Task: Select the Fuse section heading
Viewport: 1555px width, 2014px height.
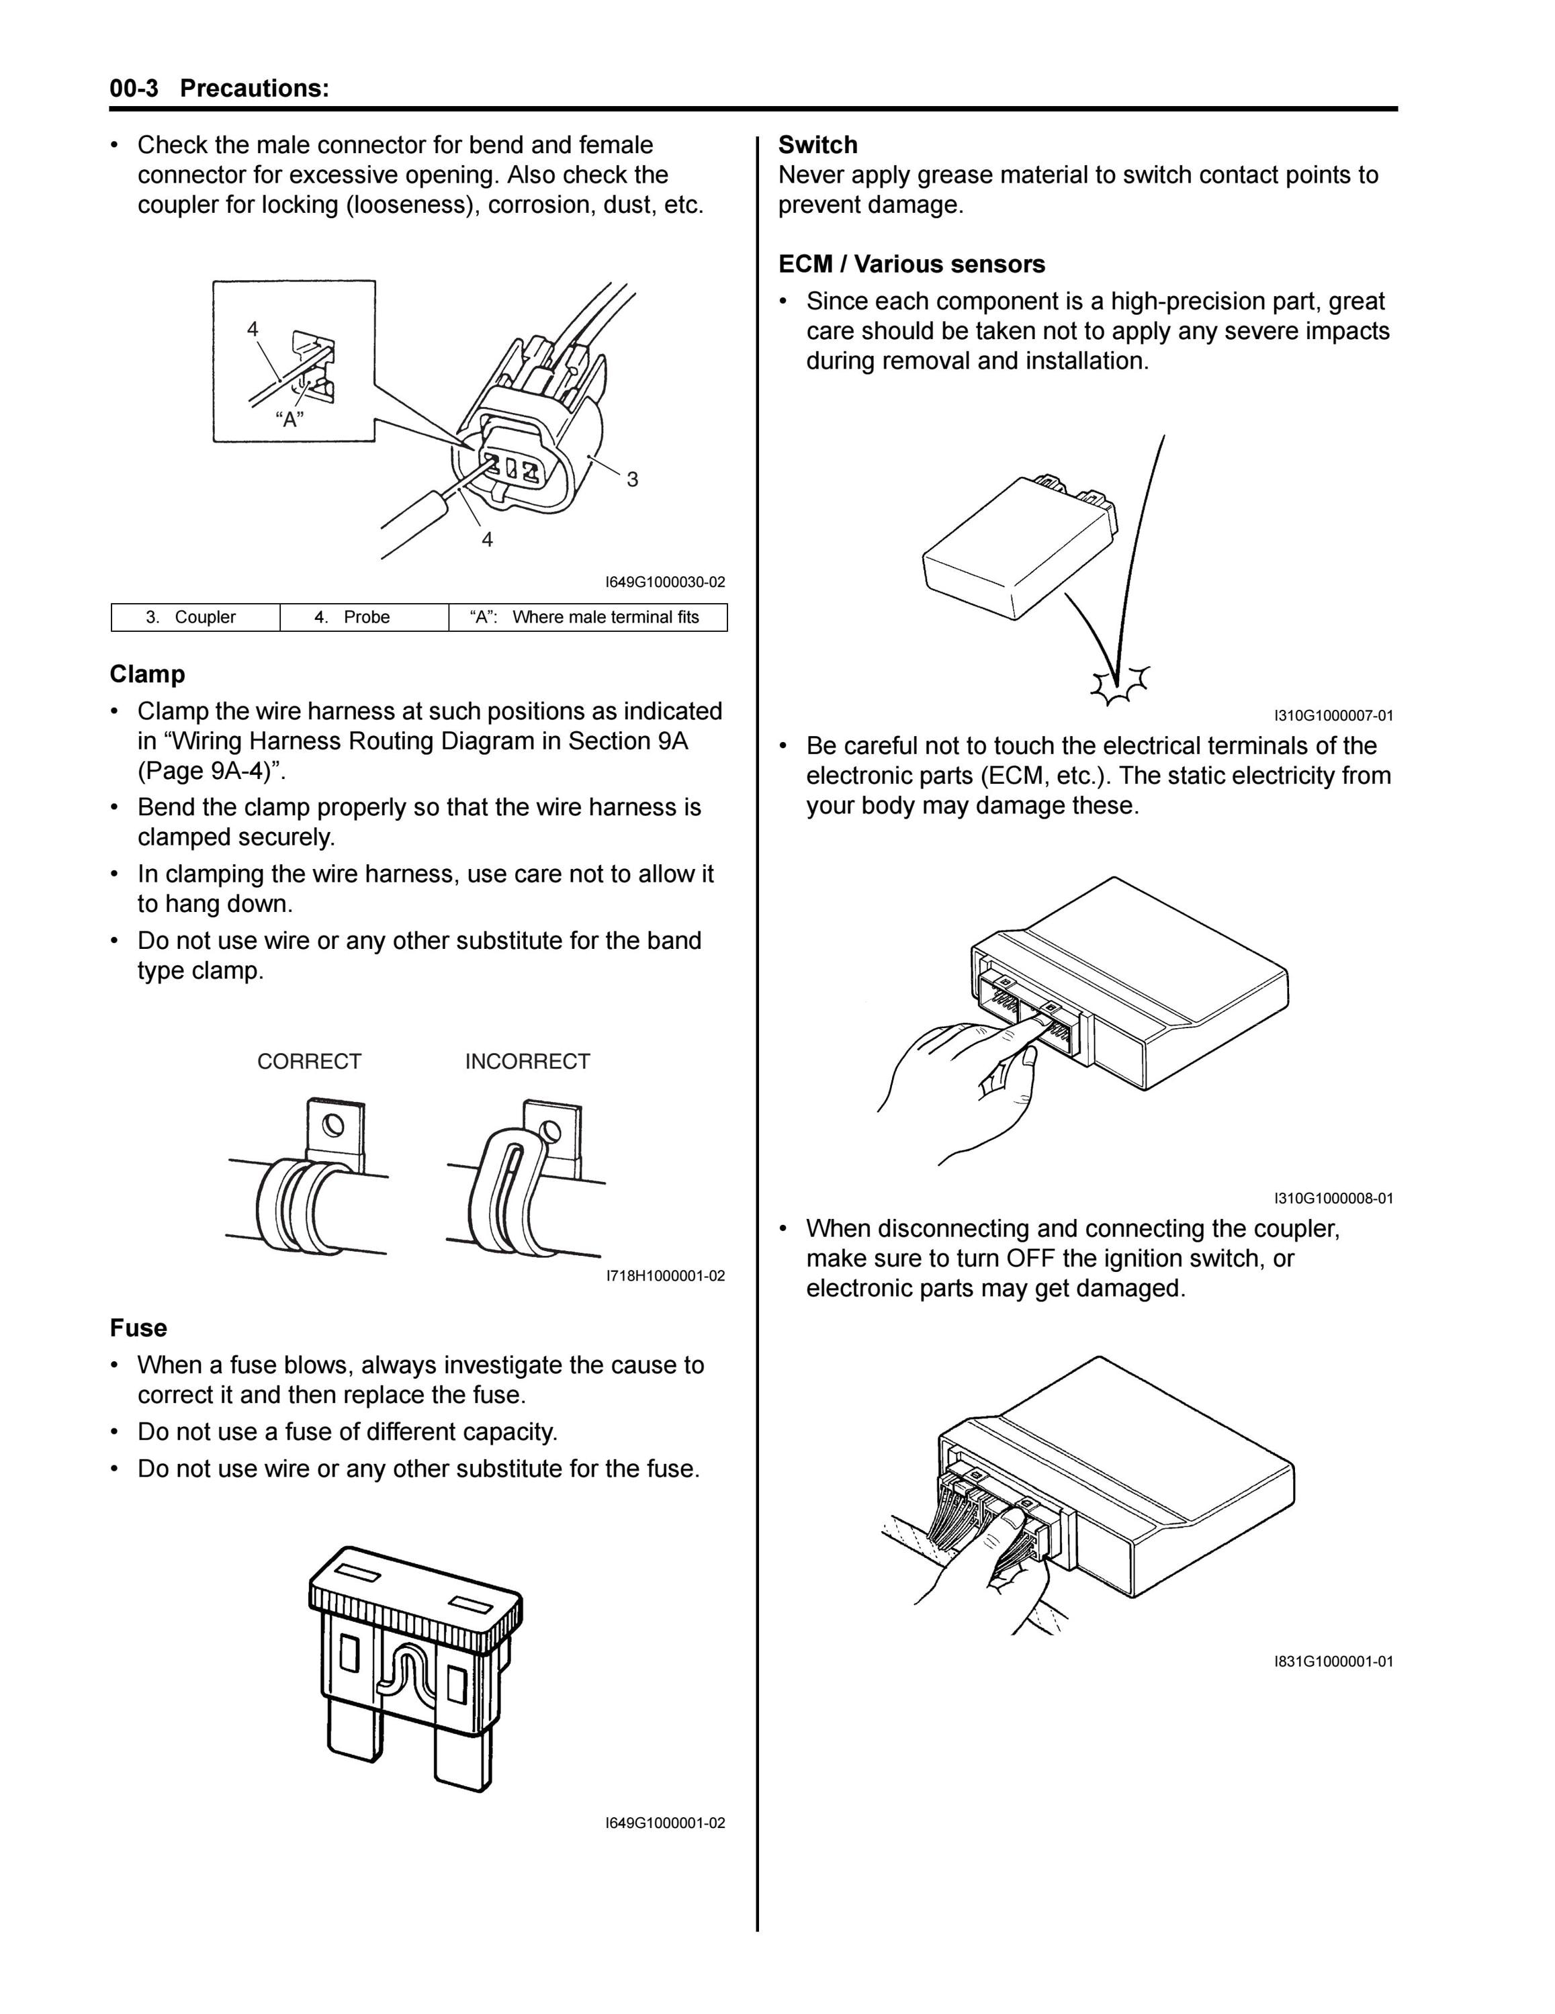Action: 138,1328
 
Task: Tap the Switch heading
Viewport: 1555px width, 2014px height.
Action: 818,145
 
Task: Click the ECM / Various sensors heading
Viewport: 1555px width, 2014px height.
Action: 912,265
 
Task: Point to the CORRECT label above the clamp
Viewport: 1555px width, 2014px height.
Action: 309,1062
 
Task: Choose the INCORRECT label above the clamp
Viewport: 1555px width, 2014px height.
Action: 527,1062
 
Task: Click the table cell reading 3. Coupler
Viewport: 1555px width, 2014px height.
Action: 195,617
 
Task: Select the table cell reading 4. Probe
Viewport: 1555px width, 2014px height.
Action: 364,617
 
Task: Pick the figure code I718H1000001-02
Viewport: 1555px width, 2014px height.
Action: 665,1276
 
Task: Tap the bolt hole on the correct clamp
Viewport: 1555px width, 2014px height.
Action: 334,1124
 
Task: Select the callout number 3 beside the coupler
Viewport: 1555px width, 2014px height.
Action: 633,479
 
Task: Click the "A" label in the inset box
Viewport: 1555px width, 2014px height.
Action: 290,420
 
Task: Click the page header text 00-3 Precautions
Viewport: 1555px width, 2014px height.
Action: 220,89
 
